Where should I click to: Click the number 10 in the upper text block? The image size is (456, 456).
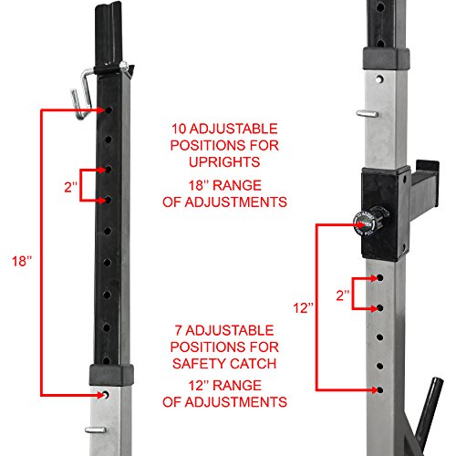point(180,128)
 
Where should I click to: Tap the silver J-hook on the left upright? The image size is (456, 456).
point(81,92)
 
